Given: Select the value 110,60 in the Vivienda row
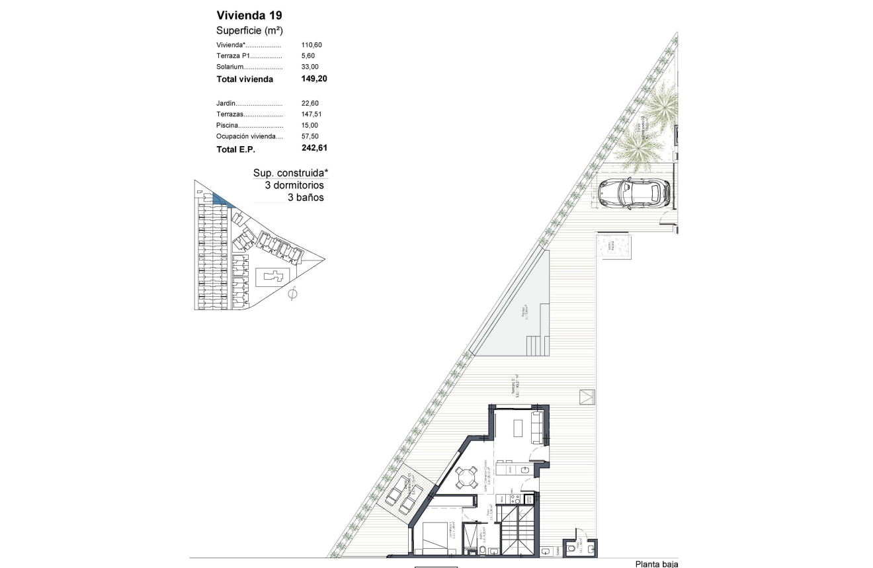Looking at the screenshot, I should pyautogui.click(x=312, y=45).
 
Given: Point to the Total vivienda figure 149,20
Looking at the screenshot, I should pyautogui.click(x=314, y=79).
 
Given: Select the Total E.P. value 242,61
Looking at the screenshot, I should pyautogui.click(x=314, y=149).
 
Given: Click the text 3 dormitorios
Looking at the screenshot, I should pyautogui.click(x=294, y=185).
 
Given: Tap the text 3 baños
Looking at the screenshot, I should pyautogui.click(x=306, y=197).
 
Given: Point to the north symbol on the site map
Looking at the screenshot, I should pyautogui.click(x=293, y=294).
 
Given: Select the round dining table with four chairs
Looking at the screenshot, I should pyautogui.click(x=467, y=477).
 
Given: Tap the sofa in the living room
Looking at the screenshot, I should pyautogui.click(x=538, y=427).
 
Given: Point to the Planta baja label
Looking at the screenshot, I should pyautogui.click(x=656, y=563).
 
